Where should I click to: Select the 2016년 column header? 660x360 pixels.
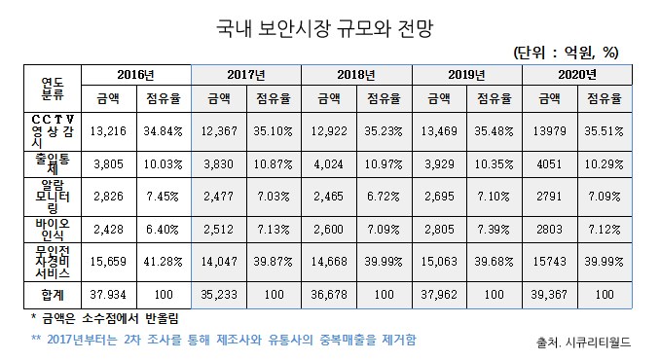pyautogui.click(x=136, y=74)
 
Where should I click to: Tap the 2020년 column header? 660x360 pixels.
pyautogui.click(x=577, y=74)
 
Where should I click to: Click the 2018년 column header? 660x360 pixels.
pyautogui.click(x=356, y=74)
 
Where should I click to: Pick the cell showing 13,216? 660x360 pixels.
pyautogui.click(x=108, y=130)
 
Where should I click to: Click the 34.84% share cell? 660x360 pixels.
pyautogui.click(x=164, y=130)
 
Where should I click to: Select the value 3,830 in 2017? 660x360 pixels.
pyautogui.click(x=219, y=163)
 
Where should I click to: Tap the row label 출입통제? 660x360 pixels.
pyautogui.click(x=53, y=163)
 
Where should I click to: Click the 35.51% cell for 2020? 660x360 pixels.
pyautogui.click(x=605, y=130)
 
